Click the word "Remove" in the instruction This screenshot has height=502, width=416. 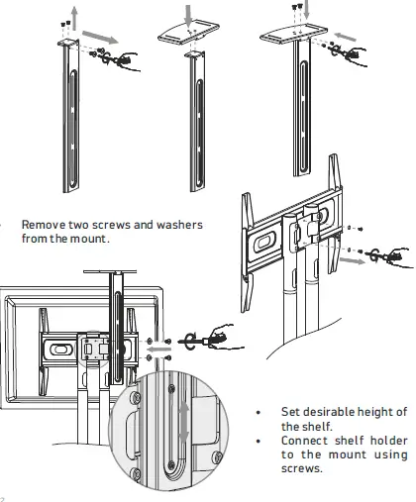tap(44, 225)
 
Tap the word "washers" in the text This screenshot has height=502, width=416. tap(179, 225)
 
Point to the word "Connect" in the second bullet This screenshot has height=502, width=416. tap(304, 441)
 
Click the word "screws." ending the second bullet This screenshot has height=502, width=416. tap(301, 468)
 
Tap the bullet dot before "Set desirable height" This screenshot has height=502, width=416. tap(259, 412)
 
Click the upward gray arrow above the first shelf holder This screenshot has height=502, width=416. tap(75, 18)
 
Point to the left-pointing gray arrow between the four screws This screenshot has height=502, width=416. tap(158, 349)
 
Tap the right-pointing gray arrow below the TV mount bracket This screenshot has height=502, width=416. tap(353, 260)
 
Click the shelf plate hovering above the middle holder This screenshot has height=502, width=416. tap(188, 32)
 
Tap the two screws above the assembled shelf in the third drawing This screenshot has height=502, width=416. tap(297, 7)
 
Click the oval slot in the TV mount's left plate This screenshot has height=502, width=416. tap(265, 242)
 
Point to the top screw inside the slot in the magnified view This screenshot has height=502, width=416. tap(171, 389)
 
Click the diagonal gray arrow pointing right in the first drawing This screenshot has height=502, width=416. tap(100, 37)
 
